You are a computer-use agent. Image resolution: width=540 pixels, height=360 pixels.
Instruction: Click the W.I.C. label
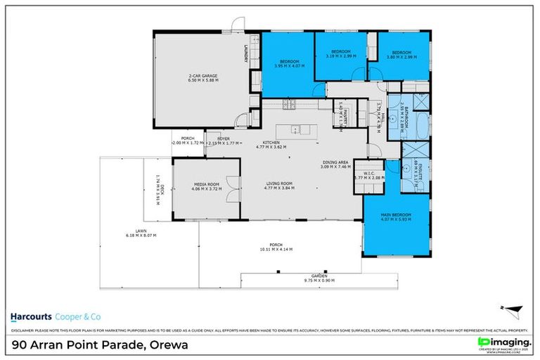tap(367, 175)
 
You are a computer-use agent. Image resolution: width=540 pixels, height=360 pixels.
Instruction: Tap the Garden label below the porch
tap(319, 276)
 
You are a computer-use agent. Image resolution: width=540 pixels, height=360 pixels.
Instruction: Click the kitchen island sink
tap(297, 129)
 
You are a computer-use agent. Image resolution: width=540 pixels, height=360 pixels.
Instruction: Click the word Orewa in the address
tap(166, 345)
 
